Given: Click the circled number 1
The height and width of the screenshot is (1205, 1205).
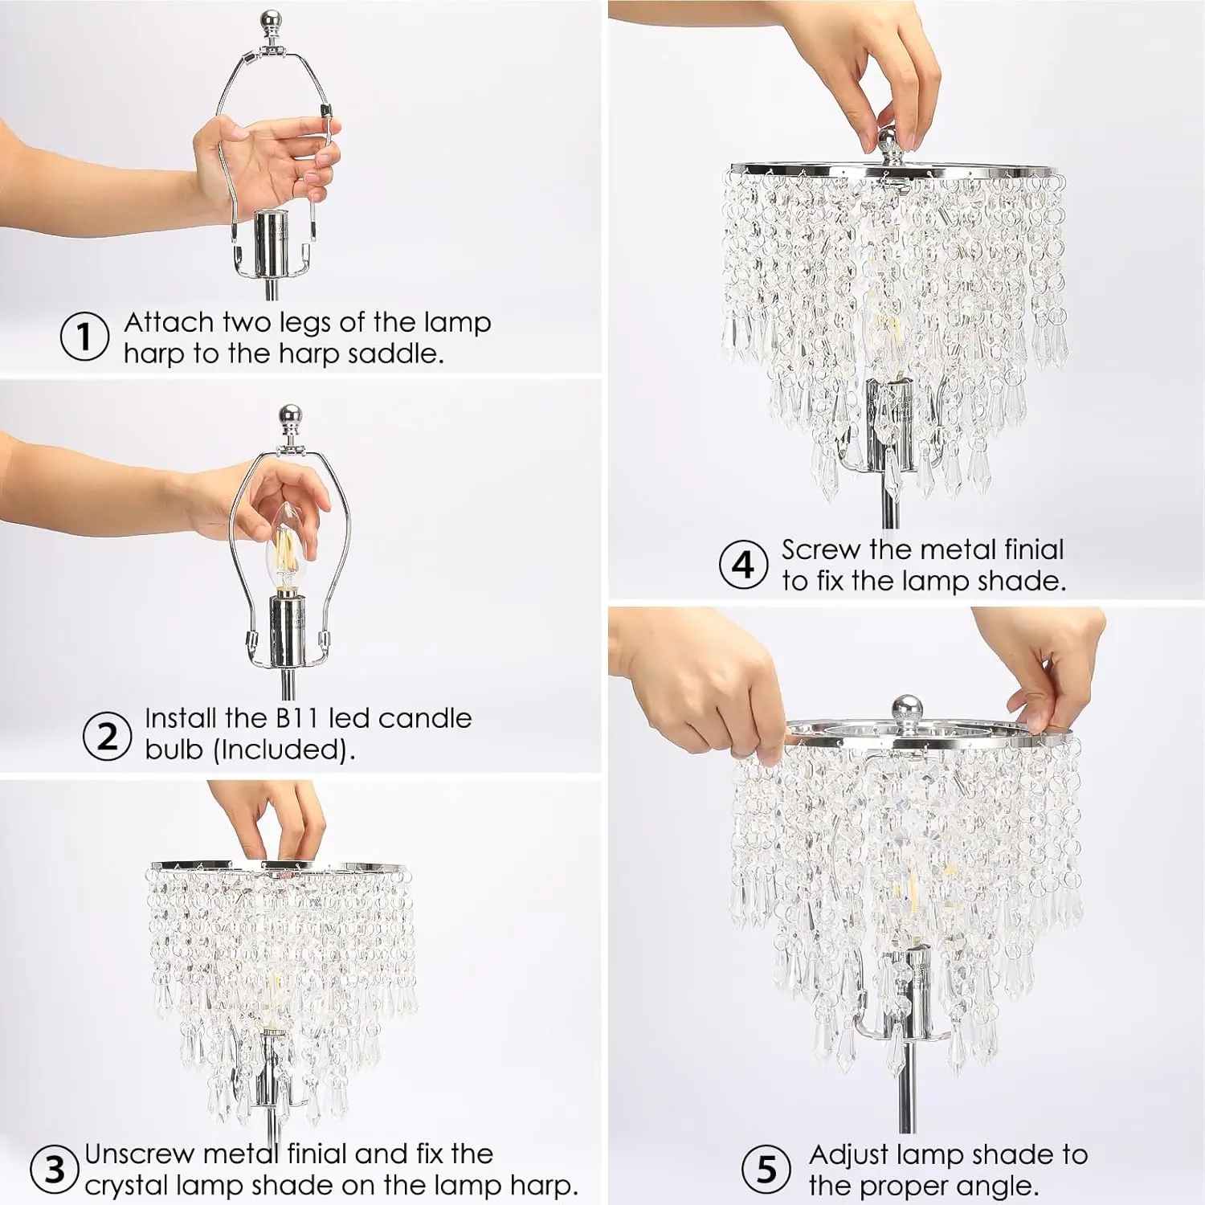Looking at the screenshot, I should (x=85, y=337).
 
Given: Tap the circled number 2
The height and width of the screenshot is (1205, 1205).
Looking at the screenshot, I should (x=107, y=734).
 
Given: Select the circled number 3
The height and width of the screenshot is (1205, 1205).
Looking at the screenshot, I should (x=54, y=1169).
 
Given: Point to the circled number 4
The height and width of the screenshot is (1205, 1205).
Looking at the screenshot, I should (x=744, y=565).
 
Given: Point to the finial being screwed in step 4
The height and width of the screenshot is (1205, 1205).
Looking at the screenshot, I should (x=889, y=144).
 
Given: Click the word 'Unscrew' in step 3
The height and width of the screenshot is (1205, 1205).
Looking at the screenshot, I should (x=140, y=1154).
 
